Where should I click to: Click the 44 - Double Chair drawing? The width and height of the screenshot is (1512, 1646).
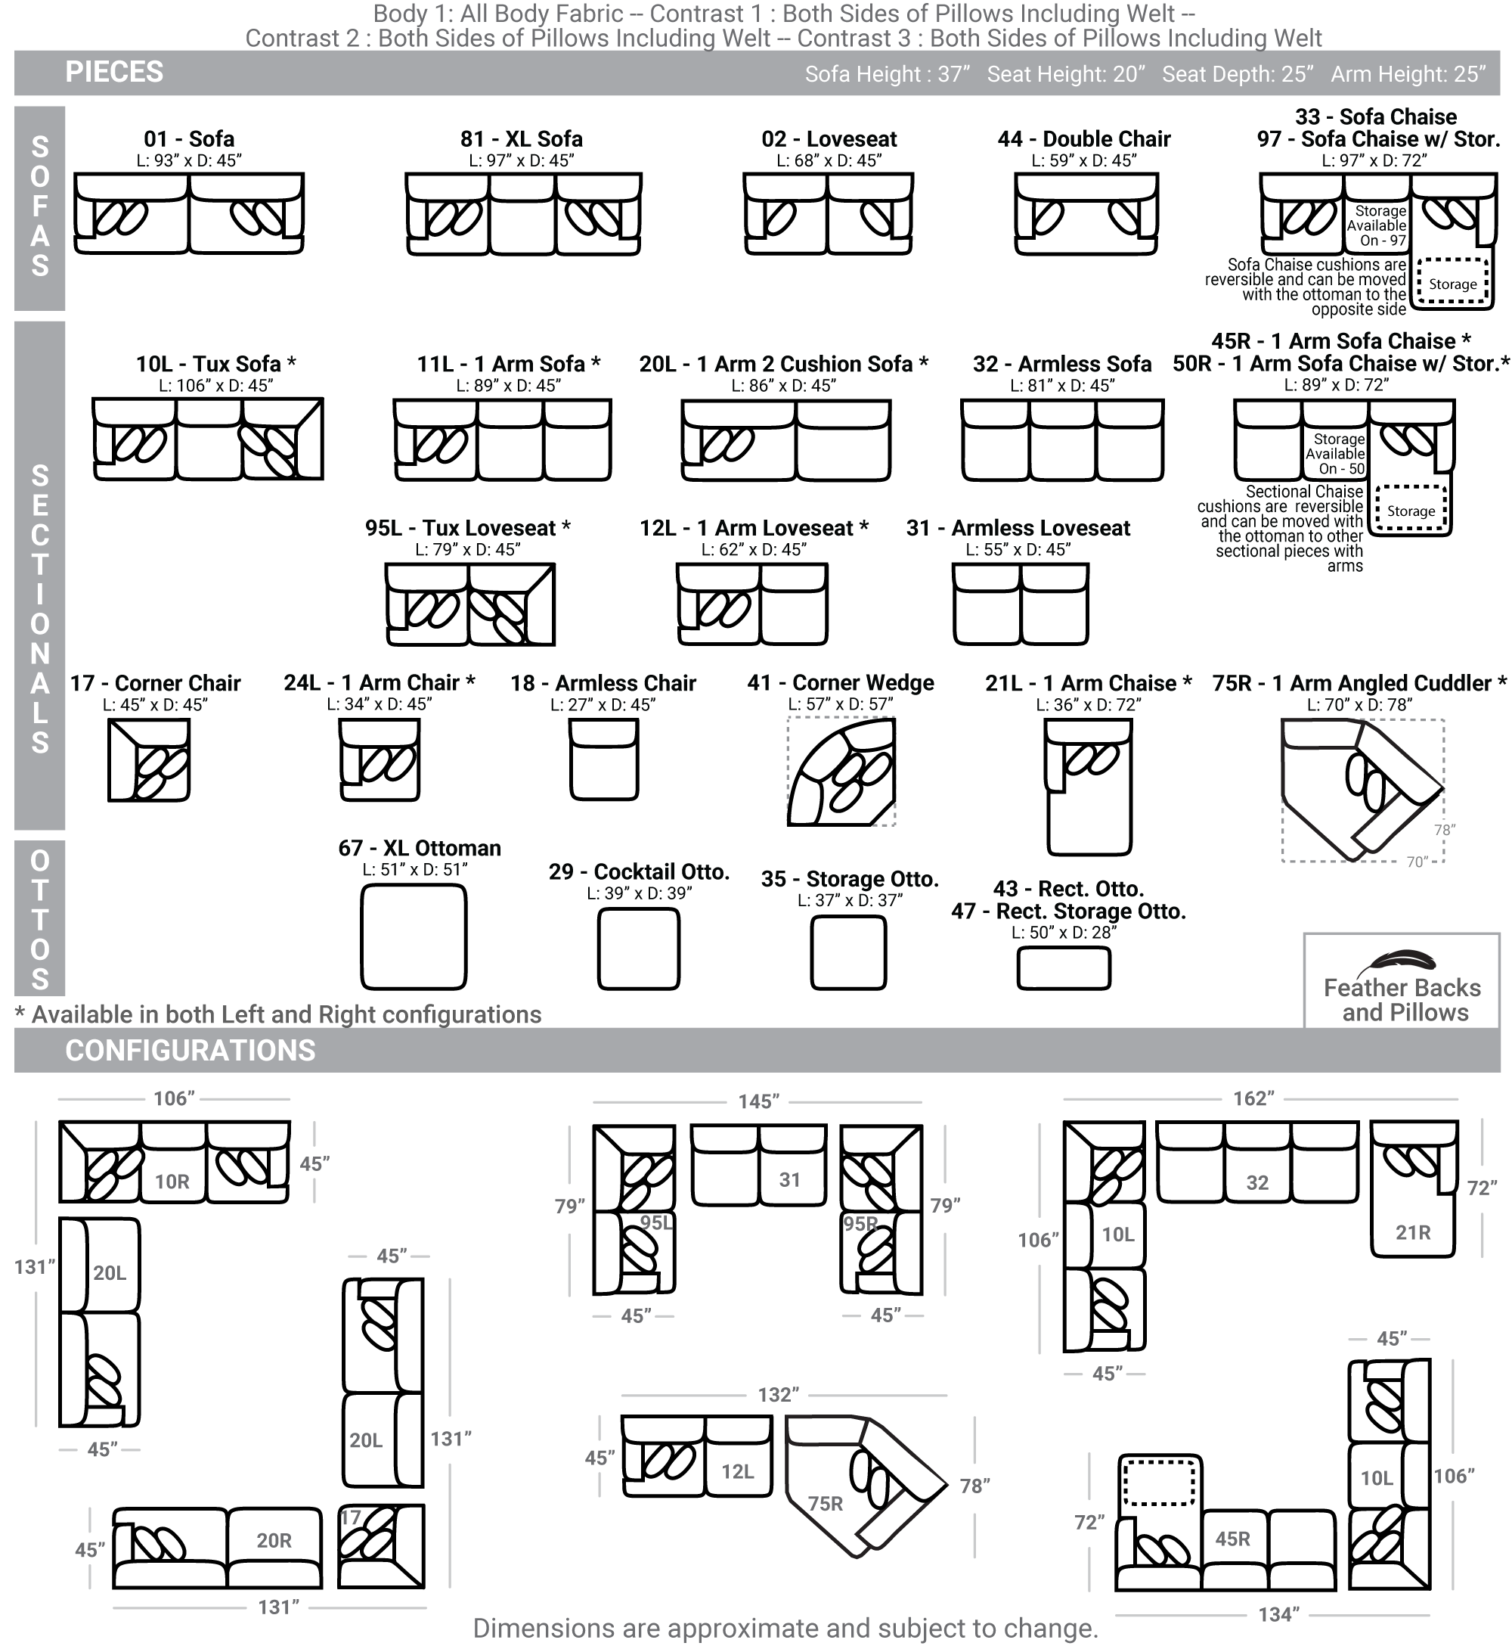click(1086, 214)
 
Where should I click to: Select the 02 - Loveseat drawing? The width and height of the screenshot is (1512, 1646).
click(828, 214)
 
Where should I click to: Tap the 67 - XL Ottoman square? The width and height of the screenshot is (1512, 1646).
click(414, 937)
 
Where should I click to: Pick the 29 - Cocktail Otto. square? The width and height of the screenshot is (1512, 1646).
click(639, 949)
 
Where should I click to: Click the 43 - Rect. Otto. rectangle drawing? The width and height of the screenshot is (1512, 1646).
click(1064, 968)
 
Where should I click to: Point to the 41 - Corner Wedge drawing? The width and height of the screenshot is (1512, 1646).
click(841, 772)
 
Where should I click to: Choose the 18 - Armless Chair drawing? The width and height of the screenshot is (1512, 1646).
click(604, 759)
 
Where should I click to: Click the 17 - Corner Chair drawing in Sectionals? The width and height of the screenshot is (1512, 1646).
click(150, 759)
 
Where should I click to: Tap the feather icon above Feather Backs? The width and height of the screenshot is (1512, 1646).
click(1402, 960)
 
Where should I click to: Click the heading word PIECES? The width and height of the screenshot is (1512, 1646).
click(115, 72)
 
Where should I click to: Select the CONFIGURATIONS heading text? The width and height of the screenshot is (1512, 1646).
click(191, 1050)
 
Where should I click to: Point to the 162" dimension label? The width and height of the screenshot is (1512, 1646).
click(1254, 1098)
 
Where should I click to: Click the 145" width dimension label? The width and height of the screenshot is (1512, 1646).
click(759, 1101)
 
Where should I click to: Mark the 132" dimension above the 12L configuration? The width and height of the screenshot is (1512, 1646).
click(778, 1395)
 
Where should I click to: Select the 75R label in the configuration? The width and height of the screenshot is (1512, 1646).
click(826, 1504)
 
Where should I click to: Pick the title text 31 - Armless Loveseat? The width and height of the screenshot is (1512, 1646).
click(1018, 528)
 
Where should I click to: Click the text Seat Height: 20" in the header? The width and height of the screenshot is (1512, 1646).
click(1066, 74)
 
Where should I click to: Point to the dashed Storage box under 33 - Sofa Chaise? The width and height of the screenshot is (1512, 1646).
click(1452, 283)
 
